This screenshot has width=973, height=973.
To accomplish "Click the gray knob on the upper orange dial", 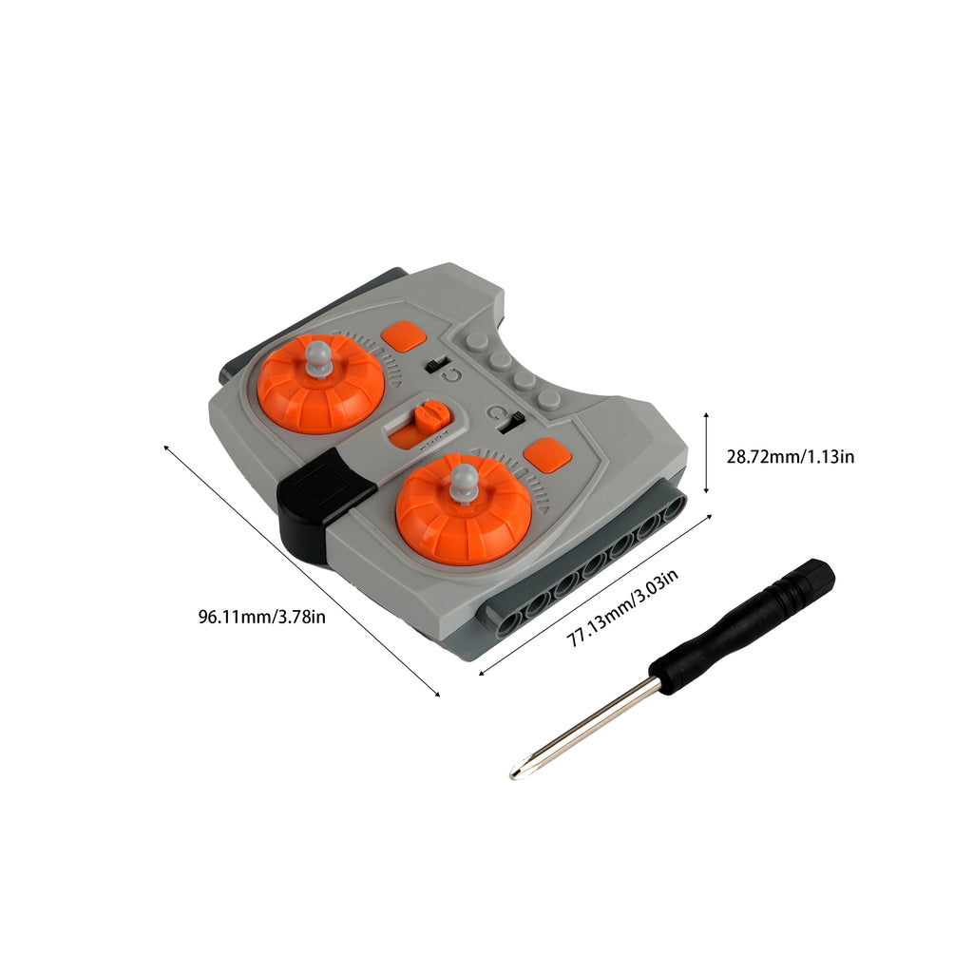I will [x=320, y=356].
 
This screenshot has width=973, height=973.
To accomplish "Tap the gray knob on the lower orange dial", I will [x=464, y=482].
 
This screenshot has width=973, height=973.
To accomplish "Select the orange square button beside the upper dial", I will [x=406, y=335].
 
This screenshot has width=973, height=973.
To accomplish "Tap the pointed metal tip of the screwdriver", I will [x=515, y=775].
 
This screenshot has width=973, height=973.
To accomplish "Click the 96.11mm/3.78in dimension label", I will [x=262, y=617].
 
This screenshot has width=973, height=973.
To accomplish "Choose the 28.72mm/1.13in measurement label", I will [x=791, y=457].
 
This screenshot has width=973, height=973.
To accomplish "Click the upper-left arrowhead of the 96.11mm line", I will [x=167, y=446].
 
